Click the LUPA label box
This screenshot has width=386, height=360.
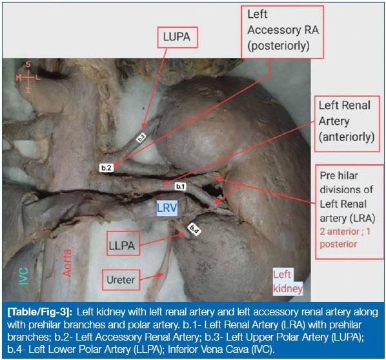178,37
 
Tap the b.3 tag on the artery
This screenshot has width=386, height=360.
141,138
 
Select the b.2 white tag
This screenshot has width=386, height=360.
107,168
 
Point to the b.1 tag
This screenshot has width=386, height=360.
181,186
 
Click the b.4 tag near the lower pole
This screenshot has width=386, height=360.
194,229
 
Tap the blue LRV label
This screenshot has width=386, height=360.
167,208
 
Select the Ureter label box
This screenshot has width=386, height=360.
121,280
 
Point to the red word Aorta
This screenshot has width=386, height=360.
66,263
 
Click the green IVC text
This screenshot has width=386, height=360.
24,277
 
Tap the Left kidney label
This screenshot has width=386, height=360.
288,282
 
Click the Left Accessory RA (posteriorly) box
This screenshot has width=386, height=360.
282,32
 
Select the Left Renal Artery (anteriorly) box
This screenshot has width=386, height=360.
347,124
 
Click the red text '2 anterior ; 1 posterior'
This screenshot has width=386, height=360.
345,238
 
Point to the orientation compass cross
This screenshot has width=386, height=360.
28,78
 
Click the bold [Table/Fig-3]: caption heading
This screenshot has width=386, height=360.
39,312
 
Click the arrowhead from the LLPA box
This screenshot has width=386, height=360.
181,235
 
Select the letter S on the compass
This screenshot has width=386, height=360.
28,65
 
